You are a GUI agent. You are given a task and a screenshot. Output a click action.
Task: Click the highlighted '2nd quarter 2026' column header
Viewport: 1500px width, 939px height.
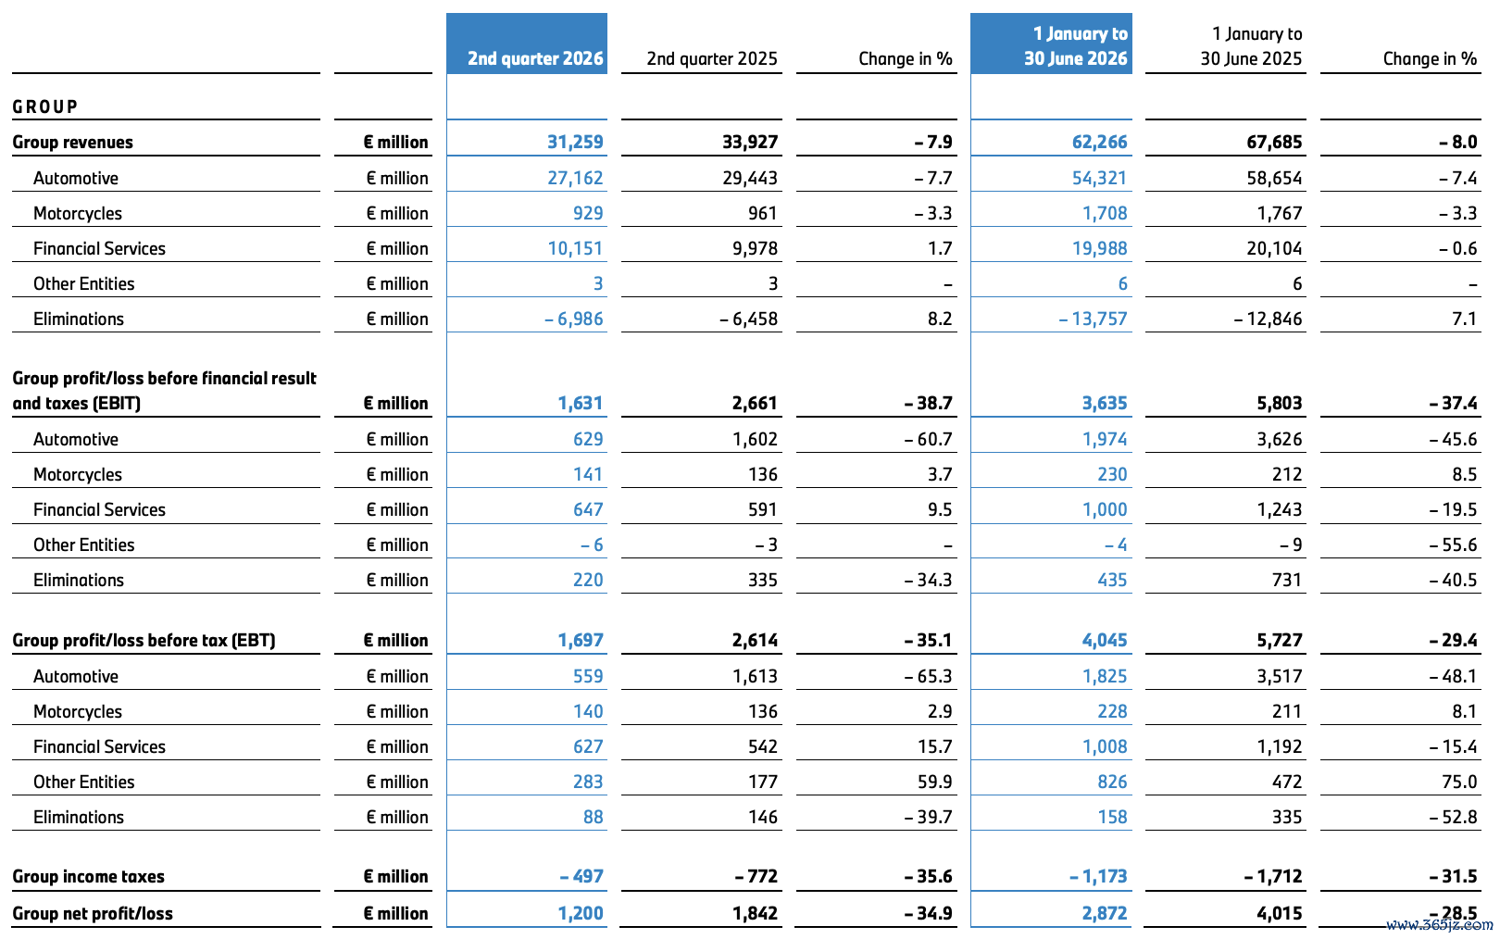click(x=535, y=59)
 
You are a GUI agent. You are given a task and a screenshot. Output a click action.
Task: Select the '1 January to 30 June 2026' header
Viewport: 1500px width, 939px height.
click(x=1076, y=46)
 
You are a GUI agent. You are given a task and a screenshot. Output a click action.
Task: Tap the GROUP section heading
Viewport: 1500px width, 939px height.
click(x=44, y=107)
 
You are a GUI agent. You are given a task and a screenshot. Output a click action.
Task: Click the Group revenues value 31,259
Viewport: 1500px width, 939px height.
click(x=575, y=142)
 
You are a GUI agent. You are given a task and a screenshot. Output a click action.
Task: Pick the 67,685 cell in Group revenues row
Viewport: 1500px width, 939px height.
click(x=1274, y=142)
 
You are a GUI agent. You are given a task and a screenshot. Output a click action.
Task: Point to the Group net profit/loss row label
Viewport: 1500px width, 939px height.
click(x=93, y=914)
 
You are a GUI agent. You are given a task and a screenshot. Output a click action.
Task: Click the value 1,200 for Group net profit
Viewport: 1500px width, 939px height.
click(x=581, y=914)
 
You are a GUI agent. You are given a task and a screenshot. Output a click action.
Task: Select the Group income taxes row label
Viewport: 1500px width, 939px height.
click(x=88, y=877)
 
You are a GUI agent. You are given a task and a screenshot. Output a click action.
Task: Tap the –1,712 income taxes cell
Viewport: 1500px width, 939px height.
click(x=1273, y=877)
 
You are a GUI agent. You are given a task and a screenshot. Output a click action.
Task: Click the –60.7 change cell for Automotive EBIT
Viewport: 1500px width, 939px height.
click(x=928, y=439)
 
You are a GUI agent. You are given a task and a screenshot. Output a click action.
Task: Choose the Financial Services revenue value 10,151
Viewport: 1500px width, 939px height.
click(x=575, y=248)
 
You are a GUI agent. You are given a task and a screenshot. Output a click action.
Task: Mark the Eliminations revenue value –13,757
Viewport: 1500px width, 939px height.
click(x=1093, y=319)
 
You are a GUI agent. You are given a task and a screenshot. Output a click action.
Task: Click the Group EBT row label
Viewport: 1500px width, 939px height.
click(x=144, y=640)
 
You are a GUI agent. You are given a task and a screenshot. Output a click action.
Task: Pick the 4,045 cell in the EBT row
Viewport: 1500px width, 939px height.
click(x=1105, y=640)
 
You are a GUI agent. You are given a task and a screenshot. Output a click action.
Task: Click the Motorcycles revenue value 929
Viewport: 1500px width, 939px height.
click(x=588, y=213)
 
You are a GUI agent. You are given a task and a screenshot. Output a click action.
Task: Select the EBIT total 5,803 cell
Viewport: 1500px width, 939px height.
click(x=1280, y=403)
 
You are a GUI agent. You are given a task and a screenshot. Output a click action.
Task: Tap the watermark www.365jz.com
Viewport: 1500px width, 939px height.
click(x=1438, y=926)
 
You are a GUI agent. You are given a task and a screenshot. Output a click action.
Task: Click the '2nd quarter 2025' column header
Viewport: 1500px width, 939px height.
click(x=712, y=59)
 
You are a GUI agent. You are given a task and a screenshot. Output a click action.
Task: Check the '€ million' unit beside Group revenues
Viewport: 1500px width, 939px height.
click(x=395, y=142)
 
